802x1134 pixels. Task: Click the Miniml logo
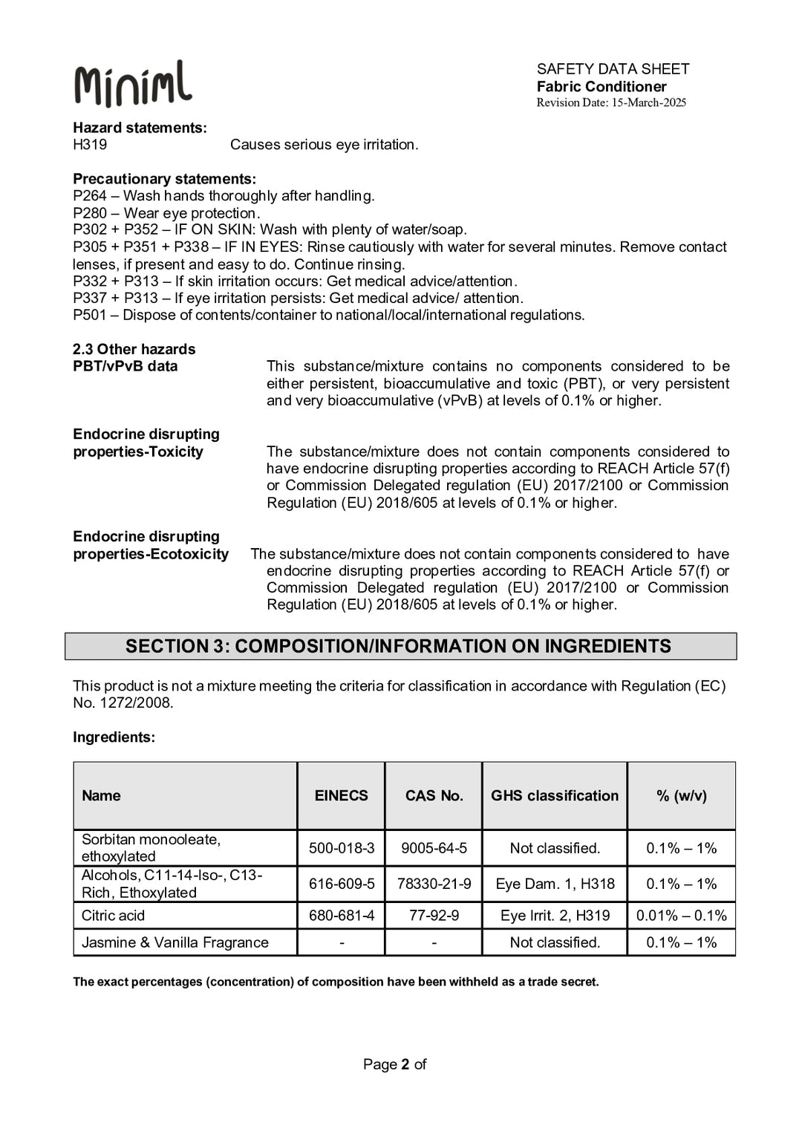(133, 84)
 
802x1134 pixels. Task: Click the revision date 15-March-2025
(648, 103)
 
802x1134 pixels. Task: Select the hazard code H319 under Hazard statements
(90, 145)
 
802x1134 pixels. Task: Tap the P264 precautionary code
(90, 196)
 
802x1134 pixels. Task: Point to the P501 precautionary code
(90, 316)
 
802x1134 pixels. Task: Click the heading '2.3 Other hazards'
(134, 349)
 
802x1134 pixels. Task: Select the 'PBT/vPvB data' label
(125, 366)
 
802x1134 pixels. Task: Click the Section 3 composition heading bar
(400, 646)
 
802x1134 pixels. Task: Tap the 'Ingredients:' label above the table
(114, 737)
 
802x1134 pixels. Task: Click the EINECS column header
(341, 795)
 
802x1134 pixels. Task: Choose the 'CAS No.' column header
(434, 795)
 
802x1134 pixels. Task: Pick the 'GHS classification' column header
(554, 795)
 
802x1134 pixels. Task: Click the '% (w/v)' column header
(681, 795)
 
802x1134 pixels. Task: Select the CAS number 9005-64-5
(434, 848)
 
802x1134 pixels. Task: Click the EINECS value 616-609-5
(342, 884)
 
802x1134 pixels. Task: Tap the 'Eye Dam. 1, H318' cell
(555, 884)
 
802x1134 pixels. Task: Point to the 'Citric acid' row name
(113, 916)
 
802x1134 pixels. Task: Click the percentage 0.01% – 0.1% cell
(681, 916)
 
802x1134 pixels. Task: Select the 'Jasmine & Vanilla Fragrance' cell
(175, 942)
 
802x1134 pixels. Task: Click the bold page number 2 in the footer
(405, 1064)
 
